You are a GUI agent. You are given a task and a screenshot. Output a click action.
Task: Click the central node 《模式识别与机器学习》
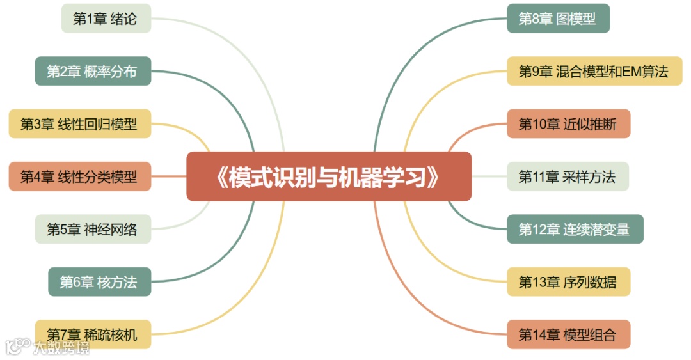tap(329, 176)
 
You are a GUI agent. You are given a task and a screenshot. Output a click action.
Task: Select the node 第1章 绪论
tap(106, 18)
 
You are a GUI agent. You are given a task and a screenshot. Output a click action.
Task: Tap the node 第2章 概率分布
tap(93, 71)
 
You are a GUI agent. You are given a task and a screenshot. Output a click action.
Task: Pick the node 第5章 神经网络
tap(93, 229)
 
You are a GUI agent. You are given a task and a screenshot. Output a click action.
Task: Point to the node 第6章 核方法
tap(99, 281)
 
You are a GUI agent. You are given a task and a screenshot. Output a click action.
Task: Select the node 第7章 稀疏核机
tap(93, 334)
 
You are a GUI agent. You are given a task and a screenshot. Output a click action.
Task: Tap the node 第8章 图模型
tap(558, 18)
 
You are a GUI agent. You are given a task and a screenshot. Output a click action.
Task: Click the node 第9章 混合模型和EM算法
tap(594, 71)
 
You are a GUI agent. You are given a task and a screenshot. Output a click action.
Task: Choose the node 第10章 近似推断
tap(568, 123)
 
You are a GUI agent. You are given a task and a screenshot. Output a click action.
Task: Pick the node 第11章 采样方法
tap(568, 176)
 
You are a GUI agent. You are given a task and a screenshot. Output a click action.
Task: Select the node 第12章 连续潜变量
tap(575, 229)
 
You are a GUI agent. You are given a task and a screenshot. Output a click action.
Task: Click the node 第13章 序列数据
tap(568, 281)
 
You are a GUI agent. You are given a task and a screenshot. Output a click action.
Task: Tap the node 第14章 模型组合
tap(568, 334)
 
